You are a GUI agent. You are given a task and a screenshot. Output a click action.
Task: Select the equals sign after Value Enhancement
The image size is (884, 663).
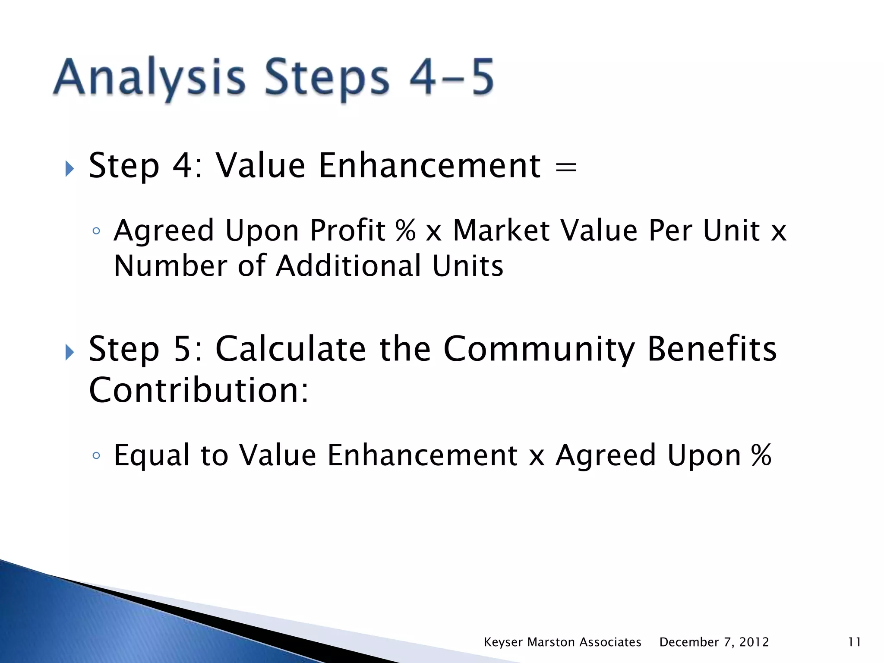pos(566,167)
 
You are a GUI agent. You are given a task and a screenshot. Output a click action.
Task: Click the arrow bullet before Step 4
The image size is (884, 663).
pos(69,169)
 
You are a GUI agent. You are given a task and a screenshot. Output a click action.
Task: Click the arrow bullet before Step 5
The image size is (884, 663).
pos(69,352)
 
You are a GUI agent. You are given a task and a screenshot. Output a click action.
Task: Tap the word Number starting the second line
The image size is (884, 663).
pos(170,265)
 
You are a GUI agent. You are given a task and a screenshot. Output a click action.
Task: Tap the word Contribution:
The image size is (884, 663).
pos(199,390)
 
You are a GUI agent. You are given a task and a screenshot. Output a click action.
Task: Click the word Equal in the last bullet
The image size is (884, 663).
pos(152,455)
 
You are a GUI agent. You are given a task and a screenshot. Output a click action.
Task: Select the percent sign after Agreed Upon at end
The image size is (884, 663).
pos(761,455)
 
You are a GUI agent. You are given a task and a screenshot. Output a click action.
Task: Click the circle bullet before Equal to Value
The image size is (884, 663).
pos(96,456)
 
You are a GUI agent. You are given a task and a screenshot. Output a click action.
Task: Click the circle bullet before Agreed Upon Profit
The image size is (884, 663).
pos(96,231)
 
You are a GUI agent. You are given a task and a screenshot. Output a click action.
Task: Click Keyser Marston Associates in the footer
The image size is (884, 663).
pos(562,642)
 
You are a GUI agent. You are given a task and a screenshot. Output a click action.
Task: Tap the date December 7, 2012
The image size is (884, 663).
pos(714,642)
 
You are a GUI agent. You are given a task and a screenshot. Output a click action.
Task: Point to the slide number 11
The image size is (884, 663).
pos(854,642)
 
